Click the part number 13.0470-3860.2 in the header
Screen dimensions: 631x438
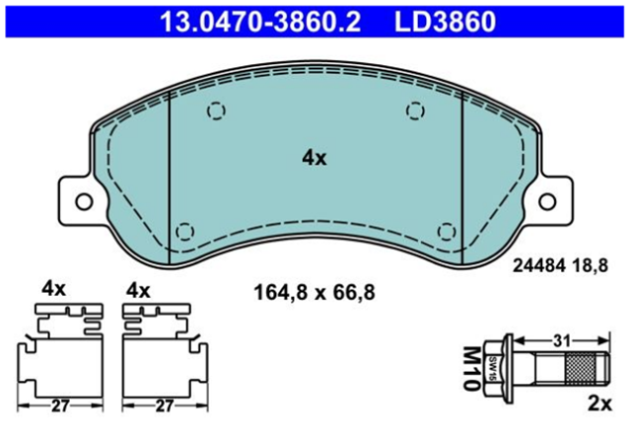(x=260, y=22)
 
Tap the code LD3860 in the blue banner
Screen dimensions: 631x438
(x=445, y=22)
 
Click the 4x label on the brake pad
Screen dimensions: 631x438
(x=315, y=158)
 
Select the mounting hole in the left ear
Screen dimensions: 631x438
(x=84, y=201)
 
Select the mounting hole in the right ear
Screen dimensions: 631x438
(x=547, y=201)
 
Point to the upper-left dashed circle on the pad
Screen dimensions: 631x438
(x=216, y=110)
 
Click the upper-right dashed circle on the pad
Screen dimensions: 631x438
(x=415, y=110)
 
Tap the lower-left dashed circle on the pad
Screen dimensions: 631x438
(x=185, y=232)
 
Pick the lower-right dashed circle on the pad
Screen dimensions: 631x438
(x=447, y=232)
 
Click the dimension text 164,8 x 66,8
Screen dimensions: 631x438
(x=315, y=292)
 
